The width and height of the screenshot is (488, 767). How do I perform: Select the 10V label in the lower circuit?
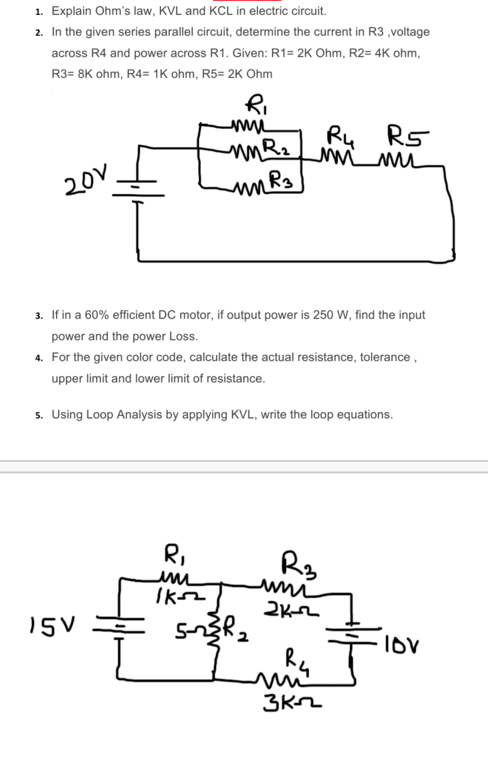pos(402,643)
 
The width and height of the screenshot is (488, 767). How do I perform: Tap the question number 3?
pos(39,316)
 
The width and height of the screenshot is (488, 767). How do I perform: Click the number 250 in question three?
pos(323,315)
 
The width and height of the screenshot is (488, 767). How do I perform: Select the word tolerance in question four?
pos(385,357)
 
